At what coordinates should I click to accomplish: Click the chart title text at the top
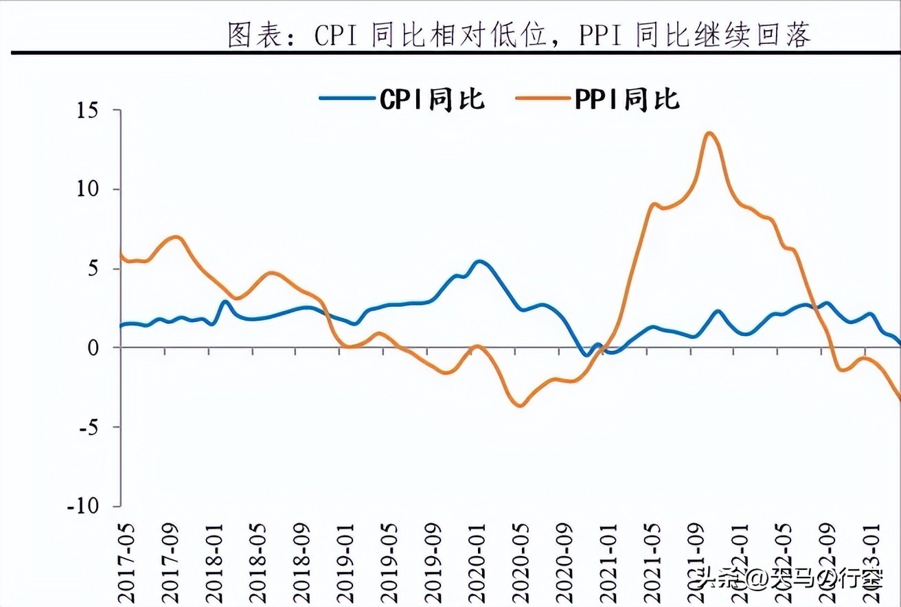pyautogui.click(x=518, y=34)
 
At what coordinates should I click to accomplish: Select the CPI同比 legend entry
pyautogui.click(x=403, y=99)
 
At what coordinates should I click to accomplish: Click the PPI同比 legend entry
pyautogui.click(x=598, y=99)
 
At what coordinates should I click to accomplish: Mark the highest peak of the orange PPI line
pyautogui.click(x=709, y=133)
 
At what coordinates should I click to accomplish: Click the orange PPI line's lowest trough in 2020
pyautogui.click(x=521, y=406)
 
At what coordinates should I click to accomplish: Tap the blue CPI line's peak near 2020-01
pyautogui.click(x=479, y=262)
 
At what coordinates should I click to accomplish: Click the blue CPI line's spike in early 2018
pyautogui.click(x=225, y=301)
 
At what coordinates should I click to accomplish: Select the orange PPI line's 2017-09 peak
pyautogui.click(x=176, y=238)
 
